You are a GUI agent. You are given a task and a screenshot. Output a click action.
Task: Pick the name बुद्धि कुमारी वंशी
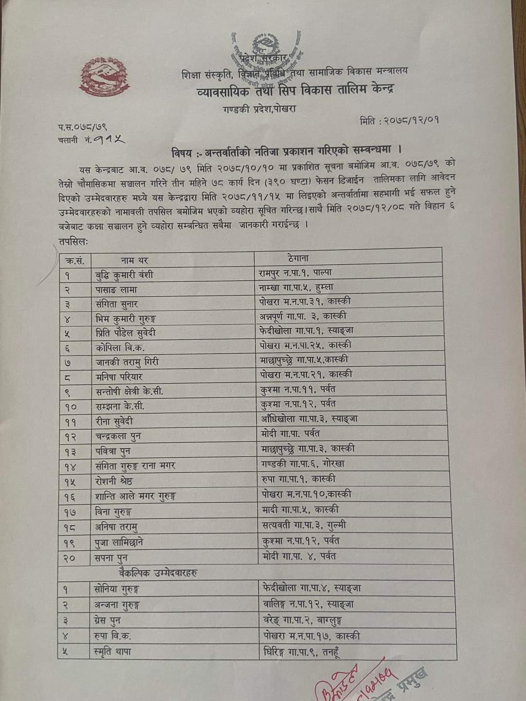coord(124,275)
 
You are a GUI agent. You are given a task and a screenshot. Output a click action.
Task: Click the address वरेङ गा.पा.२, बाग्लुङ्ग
coord(302,620)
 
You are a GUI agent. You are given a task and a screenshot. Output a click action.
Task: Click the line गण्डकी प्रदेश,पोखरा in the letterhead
coord(257,109)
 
